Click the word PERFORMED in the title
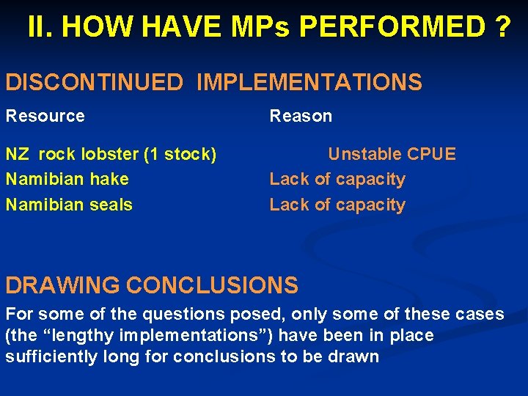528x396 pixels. pyautogui.click(x=392, y=27)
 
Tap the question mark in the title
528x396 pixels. pyautogui.click(x=502, y=27)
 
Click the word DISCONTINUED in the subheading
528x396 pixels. pyautogui.click(x=94, y=82)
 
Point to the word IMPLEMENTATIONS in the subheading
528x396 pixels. pyautogui.click(x=309, y=82)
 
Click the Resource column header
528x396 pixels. pyautogui.click(x=45, y=116)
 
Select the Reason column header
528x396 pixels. pyautogui.click(x=301, y=116)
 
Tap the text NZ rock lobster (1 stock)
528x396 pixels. pyautogui.click(x=111, y=154)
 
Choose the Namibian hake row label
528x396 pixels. pyautogui.click(x=67, y=179)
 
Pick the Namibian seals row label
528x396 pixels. pyautogui.click(x=70, y=205)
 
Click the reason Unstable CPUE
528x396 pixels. pyautogui.click(x=392, y=154)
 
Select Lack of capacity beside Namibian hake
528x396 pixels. pyautogui.click(x=337, y=179)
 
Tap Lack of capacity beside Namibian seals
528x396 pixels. pyautogui.click(x=337, y=205)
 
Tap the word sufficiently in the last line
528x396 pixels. pyautogui.click(x=48, y=357)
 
